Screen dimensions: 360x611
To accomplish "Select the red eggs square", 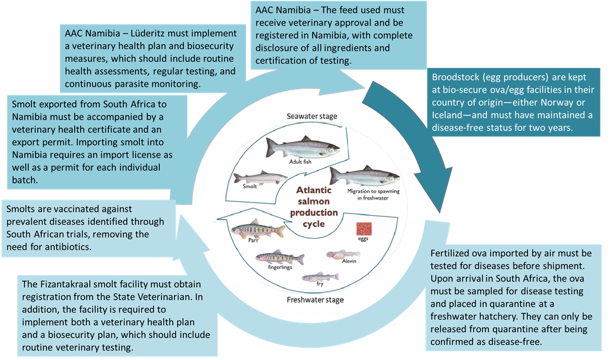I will [365, 229].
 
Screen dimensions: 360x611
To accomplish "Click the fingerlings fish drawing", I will [279, 257].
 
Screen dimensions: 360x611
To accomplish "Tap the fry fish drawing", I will [320, 276].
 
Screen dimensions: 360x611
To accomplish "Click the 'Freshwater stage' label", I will [314, 299].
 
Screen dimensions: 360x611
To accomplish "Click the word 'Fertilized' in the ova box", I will [451, 253].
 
